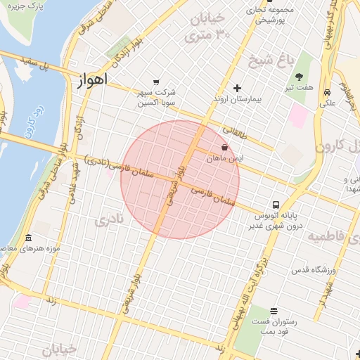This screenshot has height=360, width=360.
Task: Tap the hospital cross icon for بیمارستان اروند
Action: pos(237,89)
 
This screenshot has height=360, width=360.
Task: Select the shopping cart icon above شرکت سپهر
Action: pos(155,81)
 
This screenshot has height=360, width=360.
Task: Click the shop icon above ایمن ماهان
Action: pos(224,148)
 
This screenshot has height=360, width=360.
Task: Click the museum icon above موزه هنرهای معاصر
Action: pos(28,238)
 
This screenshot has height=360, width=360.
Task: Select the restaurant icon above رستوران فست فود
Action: pos(273,311)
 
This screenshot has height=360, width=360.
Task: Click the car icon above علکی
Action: pos(327,92)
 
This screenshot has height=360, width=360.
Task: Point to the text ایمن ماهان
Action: pos(224,160)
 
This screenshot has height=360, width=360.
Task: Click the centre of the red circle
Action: pos(180,179)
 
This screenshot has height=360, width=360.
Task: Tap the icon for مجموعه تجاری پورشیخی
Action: pos(252,11)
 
